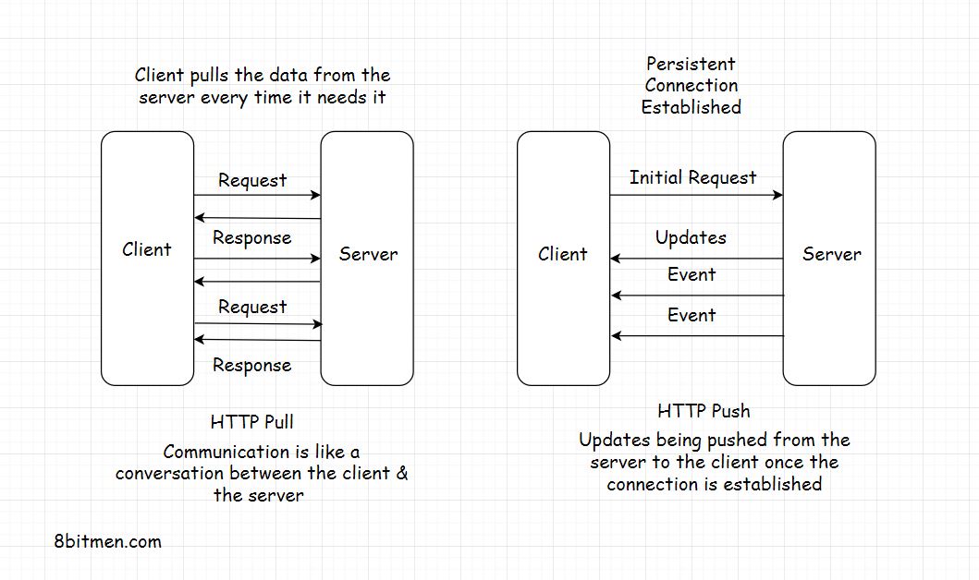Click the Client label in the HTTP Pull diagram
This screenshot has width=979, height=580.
tap(147, 249)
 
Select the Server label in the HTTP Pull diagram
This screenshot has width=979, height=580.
tap(368, 254)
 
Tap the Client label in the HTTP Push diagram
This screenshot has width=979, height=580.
tap(562, 254)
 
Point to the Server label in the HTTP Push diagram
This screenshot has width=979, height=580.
tap(831, 254)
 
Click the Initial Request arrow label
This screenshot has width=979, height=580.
tap(692, 177)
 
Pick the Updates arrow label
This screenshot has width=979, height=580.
tap(691, 237)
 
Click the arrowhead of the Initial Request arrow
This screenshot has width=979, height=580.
tap(777, 195)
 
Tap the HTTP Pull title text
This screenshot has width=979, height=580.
tap(252, 422)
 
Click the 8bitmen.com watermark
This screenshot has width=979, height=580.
tap(107, 541)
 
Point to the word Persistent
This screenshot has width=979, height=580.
tap(691, 64)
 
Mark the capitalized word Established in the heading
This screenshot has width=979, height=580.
tap(691, 107)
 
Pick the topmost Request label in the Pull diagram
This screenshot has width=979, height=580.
tap(252, 180)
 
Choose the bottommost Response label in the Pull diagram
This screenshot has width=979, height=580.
tap(251, 365)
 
